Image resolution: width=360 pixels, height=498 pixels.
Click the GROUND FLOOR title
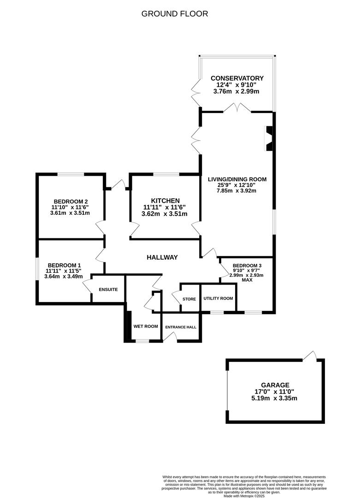175,14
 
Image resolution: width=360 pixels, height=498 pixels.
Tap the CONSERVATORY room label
237,78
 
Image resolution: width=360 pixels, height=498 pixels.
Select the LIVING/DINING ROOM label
237,179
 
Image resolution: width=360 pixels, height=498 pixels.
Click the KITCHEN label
165,201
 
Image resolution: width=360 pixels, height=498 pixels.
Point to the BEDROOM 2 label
71,202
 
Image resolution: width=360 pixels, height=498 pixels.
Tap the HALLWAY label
162,257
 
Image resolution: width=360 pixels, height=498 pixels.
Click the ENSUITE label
108,289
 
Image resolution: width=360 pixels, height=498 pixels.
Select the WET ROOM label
146,326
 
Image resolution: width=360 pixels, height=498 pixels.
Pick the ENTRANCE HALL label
181,327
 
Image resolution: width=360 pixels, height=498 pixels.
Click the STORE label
189,299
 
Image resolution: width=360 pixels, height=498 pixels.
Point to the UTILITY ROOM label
218,298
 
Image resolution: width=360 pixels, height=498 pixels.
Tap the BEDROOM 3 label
247,266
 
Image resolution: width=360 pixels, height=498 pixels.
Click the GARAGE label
275,385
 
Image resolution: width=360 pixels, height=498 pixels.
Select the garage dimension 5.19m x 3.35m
274,398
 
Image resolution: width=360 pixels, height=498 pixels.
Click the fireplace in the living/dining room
269,139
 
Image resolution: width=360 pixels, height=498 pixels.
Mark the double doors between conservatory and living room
237,107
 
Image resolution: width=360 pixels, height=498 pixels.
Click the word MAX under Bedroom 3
247,280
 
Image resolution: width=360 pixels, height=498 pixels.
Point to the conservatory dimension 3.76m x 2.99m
236,91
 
